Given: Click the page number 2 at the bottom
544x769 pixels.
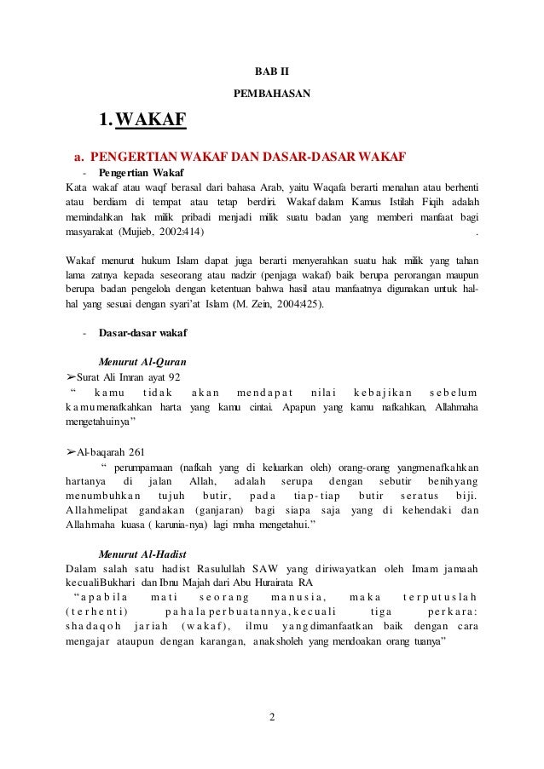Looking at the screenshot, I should [x=272, y=726].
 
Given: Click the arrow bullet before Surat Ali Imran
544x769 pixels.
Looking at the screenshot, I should [x=71, y=376].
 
